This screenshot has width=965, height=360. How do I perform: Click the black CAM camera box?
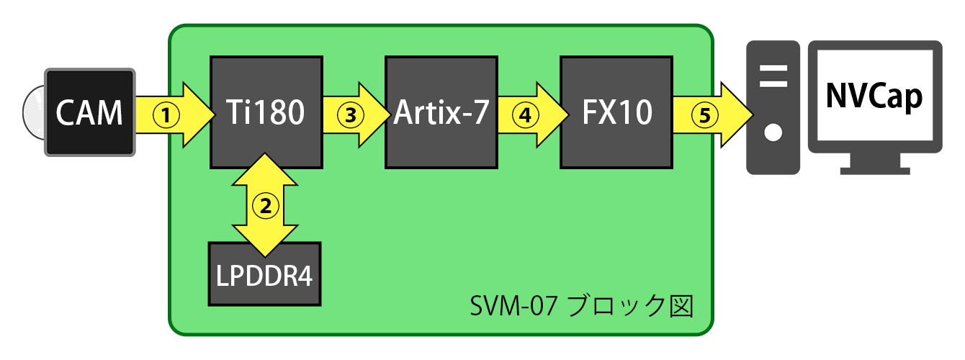tap(90, 112)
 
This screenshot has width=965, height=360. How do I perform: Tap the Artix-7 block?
tap(441, 112)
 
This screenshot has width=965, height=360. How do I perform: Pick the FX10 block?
tap(616, 112)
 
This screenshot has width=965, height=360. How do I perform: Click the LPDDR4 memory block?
tap(266, 274)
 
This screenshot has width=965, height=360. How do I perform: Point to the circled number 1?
tap(167, 114)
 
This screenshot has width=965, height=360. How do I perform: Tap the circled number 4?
tap(527, 114)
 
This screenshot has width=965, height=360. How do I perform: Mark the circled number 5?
tap(701, 114)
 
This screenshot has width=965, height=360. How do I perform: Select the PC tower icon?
tap(773, 107)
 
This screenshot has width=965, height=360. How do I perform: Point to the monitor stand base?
tap(874, 170)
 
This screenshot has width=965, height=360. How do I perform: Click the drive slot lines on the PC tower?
tap(773, 76)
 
